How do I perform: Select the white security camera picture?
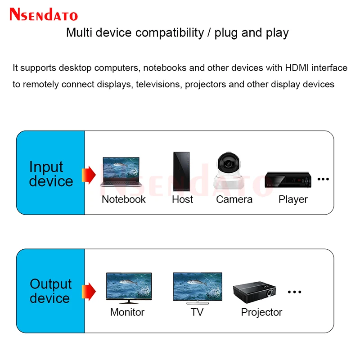pos(230,171)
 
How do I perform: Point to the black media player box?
pos(288,180)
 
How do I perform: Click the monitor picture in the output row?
pos(128,288)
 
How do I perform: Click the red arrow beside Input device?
pos(90,174)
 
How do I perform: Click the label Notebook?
pos(124,199)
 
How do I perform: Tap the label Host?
pos(182,199)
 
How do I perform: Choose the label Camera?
pos(234,199)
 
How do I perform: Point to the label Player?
pos(293,199)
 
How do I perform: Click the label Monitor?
pos(127,312)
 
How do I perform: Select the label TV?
pos(197,312)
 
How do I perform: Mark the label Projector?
pos(261,312)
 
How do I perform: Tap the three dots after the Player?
pos(323,179)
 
